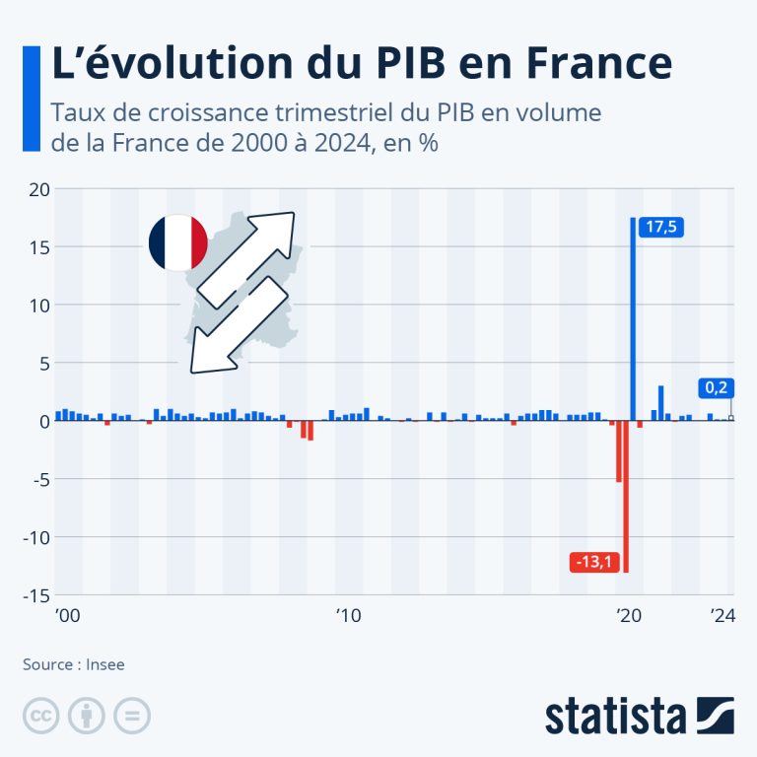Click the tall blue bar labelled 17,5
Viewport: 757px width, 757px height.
pos(633,319)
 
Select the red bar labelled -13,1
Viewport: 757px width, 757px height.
pos(626,497)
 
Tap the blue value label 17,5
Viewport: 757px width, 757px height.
pos(661,227)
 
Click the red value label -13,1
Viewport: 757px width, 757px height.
pos(594,562)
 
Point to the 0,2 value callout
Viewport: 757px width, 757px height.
pos(716,387)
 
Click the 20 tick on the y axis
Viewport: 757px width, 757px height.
pos(39,189)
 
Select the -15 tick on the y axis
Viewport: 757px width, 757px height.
pos(36,596)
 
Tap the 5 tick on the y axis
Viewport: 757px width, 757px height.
pos(45,364)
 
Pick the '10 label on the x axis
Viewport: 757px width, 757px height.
pos(349,615)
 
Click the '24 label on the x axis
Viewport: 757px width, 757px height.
pos(723,615)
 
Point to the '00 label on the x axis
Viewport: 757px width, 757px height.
pos(68,615)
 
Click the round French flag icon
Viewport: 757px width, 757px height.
pos(178,242)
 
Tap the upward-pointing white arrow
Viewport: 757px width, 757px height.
pos(246,260)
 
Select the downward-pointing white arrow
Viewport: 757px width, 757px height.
pos(239,325)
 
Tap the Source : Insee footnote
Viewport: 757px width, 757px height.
pos(73,664)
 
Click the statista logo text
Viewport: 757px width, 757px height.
pos(615,716)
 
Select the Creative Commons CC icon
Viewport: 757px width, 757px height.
pos(41,716)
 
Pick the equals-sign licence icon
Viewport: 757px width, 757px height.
pos(132,716)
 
